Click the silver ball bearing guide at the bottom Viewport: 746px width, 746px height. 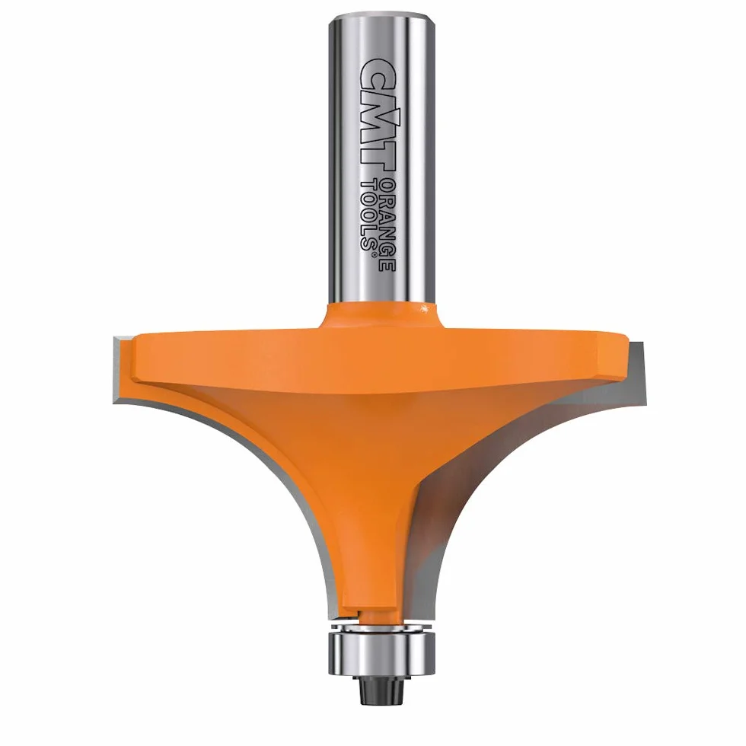click(381, 651)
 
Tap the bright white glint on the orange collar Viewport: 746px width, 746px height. click(420, 309)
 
